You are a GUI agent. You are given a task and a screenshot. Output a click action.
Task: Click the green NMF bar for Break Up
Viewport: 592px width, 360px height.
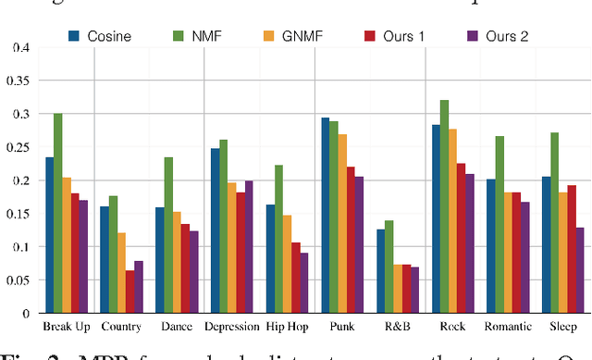58,214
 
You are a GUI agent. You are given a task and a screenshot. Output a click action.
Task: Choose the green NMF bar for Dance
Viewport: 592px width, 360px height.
168,235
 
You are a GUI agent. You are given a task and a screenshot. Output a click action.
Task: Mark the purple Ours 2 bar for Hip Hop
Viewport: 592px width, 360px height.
305,282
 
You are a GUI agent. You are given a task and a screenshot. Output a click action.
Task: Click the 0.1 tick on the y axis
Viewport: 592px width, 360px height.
19,247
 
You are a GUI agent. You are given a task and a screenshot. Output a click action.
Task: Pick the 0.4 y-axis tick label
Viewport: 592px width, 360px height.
19,47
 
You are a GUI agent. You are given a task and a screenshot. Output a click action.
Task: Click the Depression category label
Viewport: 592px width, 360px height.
231,326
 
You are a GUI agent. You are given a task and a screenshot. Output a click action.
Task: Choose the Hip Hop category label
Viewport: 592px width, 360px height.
287,326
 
